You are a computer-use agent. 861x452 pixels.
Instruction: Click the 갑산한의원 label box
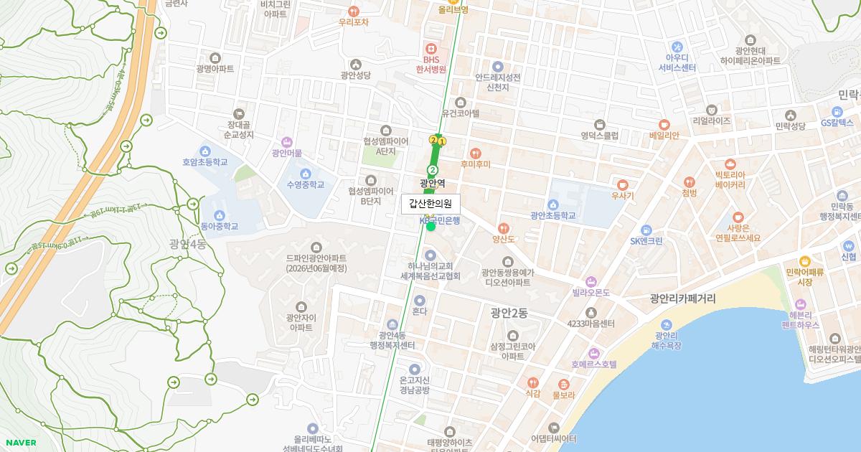(430, 204)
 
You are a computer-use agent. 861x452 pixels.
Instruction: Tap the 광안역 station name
(433, 183)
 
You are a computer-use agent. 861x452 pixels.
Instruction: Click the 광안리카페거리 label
(682, 298)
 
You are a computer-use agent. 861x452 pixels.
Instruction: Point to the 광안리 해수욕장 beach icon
(667, 324)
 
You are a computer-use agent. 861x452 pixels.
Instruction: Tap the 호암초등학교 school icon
(204, 151)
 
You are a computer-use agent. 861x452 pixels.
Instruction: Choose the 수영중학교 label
(305, 184)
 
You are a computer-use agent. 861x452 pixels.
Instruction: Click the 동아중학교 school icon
(219, 215)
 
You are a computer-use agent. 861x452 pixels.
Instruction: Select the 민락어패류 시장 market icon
(804, 261)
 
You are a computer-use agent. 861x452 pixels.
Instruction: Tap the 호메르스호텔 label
(594, 364)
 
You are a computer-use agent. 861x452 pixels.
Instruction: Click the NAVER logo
(19, 443)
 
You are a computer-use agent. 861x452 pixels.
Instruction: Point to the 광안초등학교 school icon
(552, 204)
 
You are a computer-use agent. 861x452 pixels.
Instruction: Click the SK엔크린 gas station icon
(646, 230)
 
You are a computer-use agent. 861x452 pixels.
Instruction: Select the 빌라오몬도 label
(591, 293)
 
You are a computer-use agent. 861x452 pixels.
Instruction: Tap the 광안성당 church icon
(356, 64)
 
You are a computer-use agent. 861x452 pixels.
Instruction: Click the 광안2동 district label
(509, 313)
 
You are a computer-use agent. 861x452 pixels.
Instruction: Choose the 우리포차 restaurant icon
(353, 11)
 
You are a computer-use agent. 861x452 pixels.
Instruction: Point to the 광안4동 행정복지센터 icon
(392, 325)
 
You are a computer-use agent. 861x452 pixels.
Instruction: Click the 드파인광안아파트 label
(316, 258)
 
